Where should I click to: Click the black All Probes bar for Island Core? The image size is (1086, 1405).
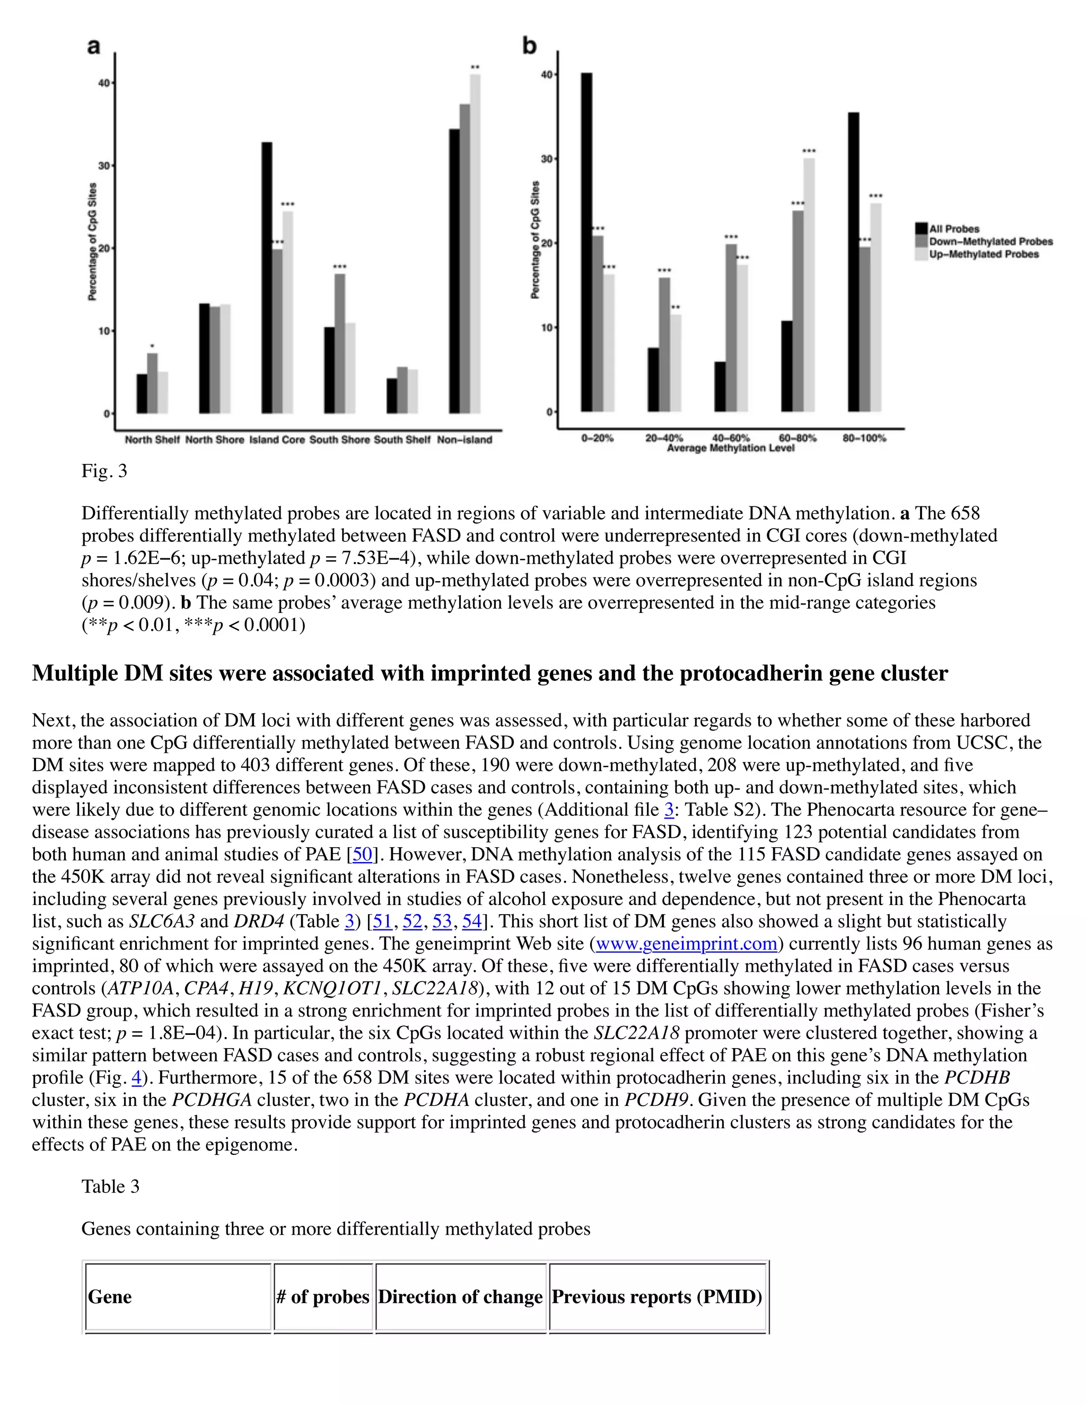click(266, 278)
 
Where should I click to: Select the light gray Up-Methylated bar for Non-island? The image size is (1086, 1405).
click(475, 244)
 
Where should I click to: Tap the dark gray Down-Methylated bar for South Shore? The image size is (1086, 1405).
click(340, 344)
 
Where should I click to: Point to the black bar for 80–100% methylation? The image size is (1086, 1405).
click(854, 262)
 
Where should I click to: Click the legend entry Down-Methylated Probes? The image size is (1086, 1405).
click(990, 241)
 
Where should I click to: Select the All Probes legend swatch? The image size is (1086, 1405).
click(921, 229)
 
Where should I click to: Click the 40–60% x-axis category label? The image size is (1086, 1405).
click(731, 438)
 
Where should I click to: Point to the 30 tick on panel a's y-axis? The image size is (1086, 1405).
click(103, 166)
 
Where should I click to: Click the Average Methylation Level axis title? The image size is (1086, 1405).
click(730, 448)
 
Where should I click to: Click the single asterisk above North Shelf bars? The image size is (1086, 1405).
click(152, 346)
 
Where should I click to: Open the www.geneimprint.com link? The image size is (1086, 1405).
click(687, 944)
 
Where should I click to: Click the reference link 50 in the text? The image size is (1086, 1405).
click(362, 854)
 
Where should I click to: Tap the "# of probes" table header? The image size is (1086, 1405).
click(323, 1296)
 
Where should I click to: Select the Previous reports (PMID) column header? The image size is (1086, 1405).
click(657, 1296)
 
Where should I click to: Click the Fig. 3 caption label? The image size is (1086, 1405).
click(104, 471)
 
